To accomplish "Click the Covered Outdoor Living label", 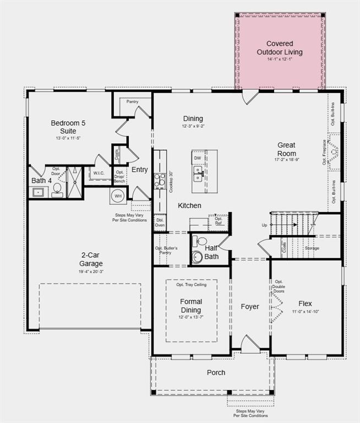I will pos(280,48).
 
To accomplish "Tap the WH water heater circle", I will pos(118,196).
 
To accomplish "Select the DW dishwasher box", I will pos(197,158).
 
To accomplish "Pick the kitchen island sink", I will pos(198,175).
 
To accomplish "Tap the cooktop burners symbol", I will pos(159,180).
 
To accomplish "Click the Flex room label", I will pos(305,303).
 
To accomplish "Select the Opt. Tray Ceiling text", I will pos(191,285).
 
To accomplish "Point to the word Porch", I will pos(216,372).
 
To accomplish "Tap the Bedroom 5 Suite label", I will pos(68,127).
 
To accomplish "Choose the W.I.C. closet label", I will pos(99,173).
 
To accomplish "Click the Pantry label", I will pos(132,102).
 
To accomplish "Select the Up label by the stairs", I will pos(265,225).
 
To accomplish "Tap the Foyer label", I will pos(250,306).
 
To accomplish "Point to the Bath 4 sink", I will pos(39,192).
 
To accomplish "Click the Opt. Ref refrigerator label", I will pos(219,220).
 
